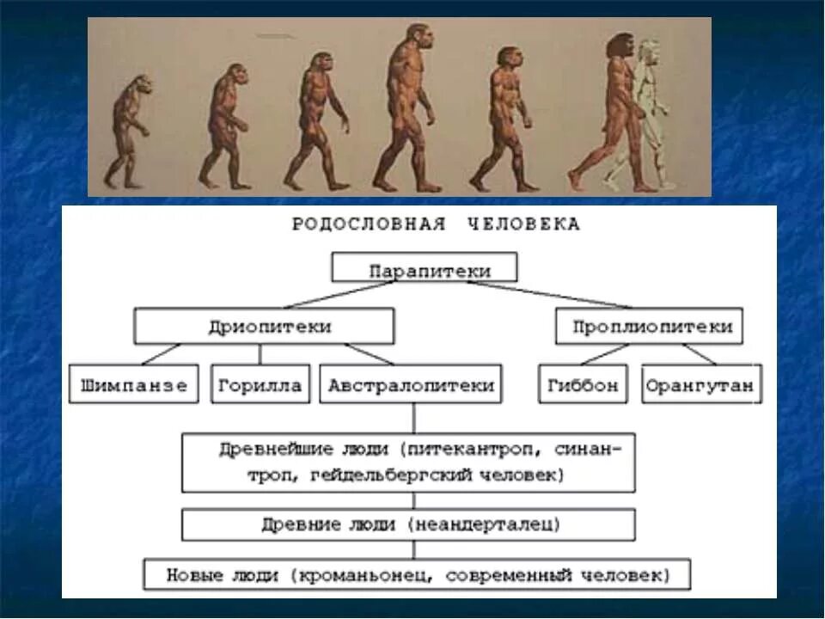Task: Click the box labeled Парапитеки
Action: (425, 267)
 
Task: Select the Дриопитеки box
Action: (264, 327)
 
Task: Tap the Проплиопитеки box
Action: (649, 327)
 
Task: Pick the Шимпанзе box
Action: (134, 384)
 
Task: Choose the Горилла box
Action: (260, 384)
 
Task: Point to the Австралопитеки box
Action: (412, 384)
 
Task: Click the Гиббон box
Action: (584, 384)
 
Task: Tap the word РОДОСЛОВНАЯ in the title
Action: (369, 225)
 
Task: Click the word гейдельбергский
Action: (388, 474)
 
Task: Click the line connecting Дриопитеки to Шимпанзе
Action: (161, 354)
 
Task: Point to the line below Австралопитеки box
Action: (414, 418)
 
